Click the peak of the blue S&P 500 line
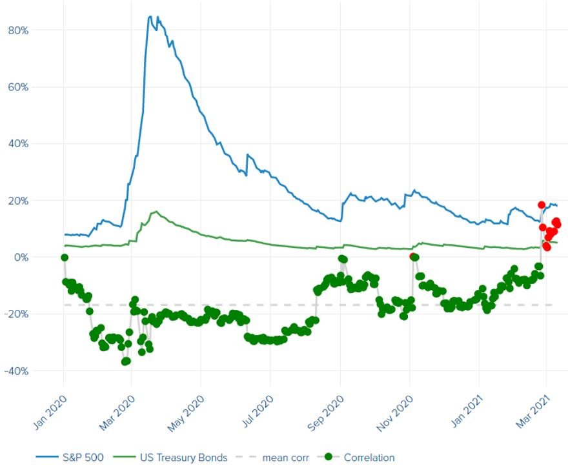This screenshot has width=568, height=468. [x=150, y=16]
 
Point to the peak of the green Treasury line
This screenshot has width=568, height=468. [x=156, y=211]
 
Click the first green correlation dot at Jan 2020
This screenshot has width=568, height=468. [x=65, y=258]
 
